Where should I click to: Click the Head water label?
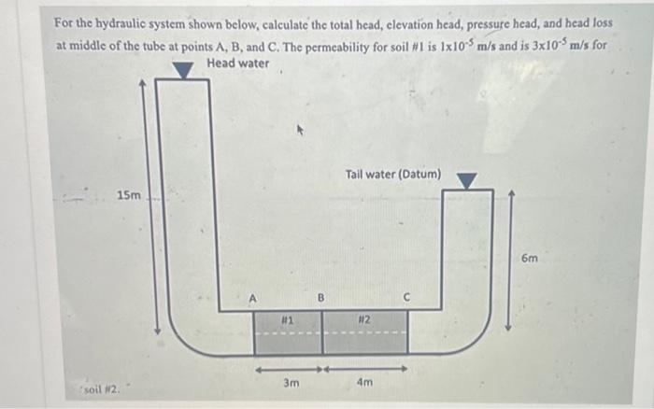(238, 63)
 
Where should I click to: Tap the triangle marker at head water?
(183, 70)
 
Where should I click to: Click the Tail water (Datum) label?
(393, 174)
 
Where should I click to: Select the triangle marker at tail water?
(466, 181)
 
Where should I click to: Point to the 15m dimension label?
(129, 195)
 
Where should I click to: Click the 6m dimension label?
(530, 259)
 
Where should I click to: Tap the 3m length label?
(291, 382)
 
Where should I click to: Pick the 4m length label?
(365, 382)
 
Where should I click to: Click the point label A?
(252, 299)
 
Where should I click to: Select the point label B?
(320, 298)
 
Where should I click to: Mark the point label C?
(407, 297)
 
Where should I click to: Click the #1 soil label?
(287, 320)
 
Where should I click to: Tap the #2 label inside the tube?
(364, 319)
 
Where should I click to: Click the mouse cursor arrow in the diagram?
(300, 130)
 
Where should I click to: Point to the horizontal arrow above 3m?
(289, 370)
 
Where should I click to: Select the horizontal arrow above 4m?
(366, 369)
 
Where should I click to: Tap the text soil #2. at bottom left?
(102, 390)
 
